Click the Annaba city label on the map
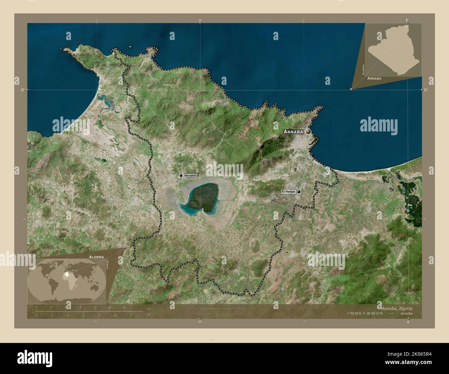[x=293, y=132]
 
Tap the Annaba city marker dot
[x=308, y=131]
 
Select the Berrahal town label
[x=190, y=176]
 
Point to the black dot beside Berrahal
[x=181, y=176]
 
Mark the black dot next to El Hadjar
[x=299, y=191]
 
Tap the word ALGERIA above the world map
[x=96, y=257]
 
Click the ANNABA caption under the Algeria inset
[x=374, y=79]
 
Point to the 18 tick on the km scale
[x=124, y=307]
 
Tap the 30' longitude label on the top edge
[x=200, y=20]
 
